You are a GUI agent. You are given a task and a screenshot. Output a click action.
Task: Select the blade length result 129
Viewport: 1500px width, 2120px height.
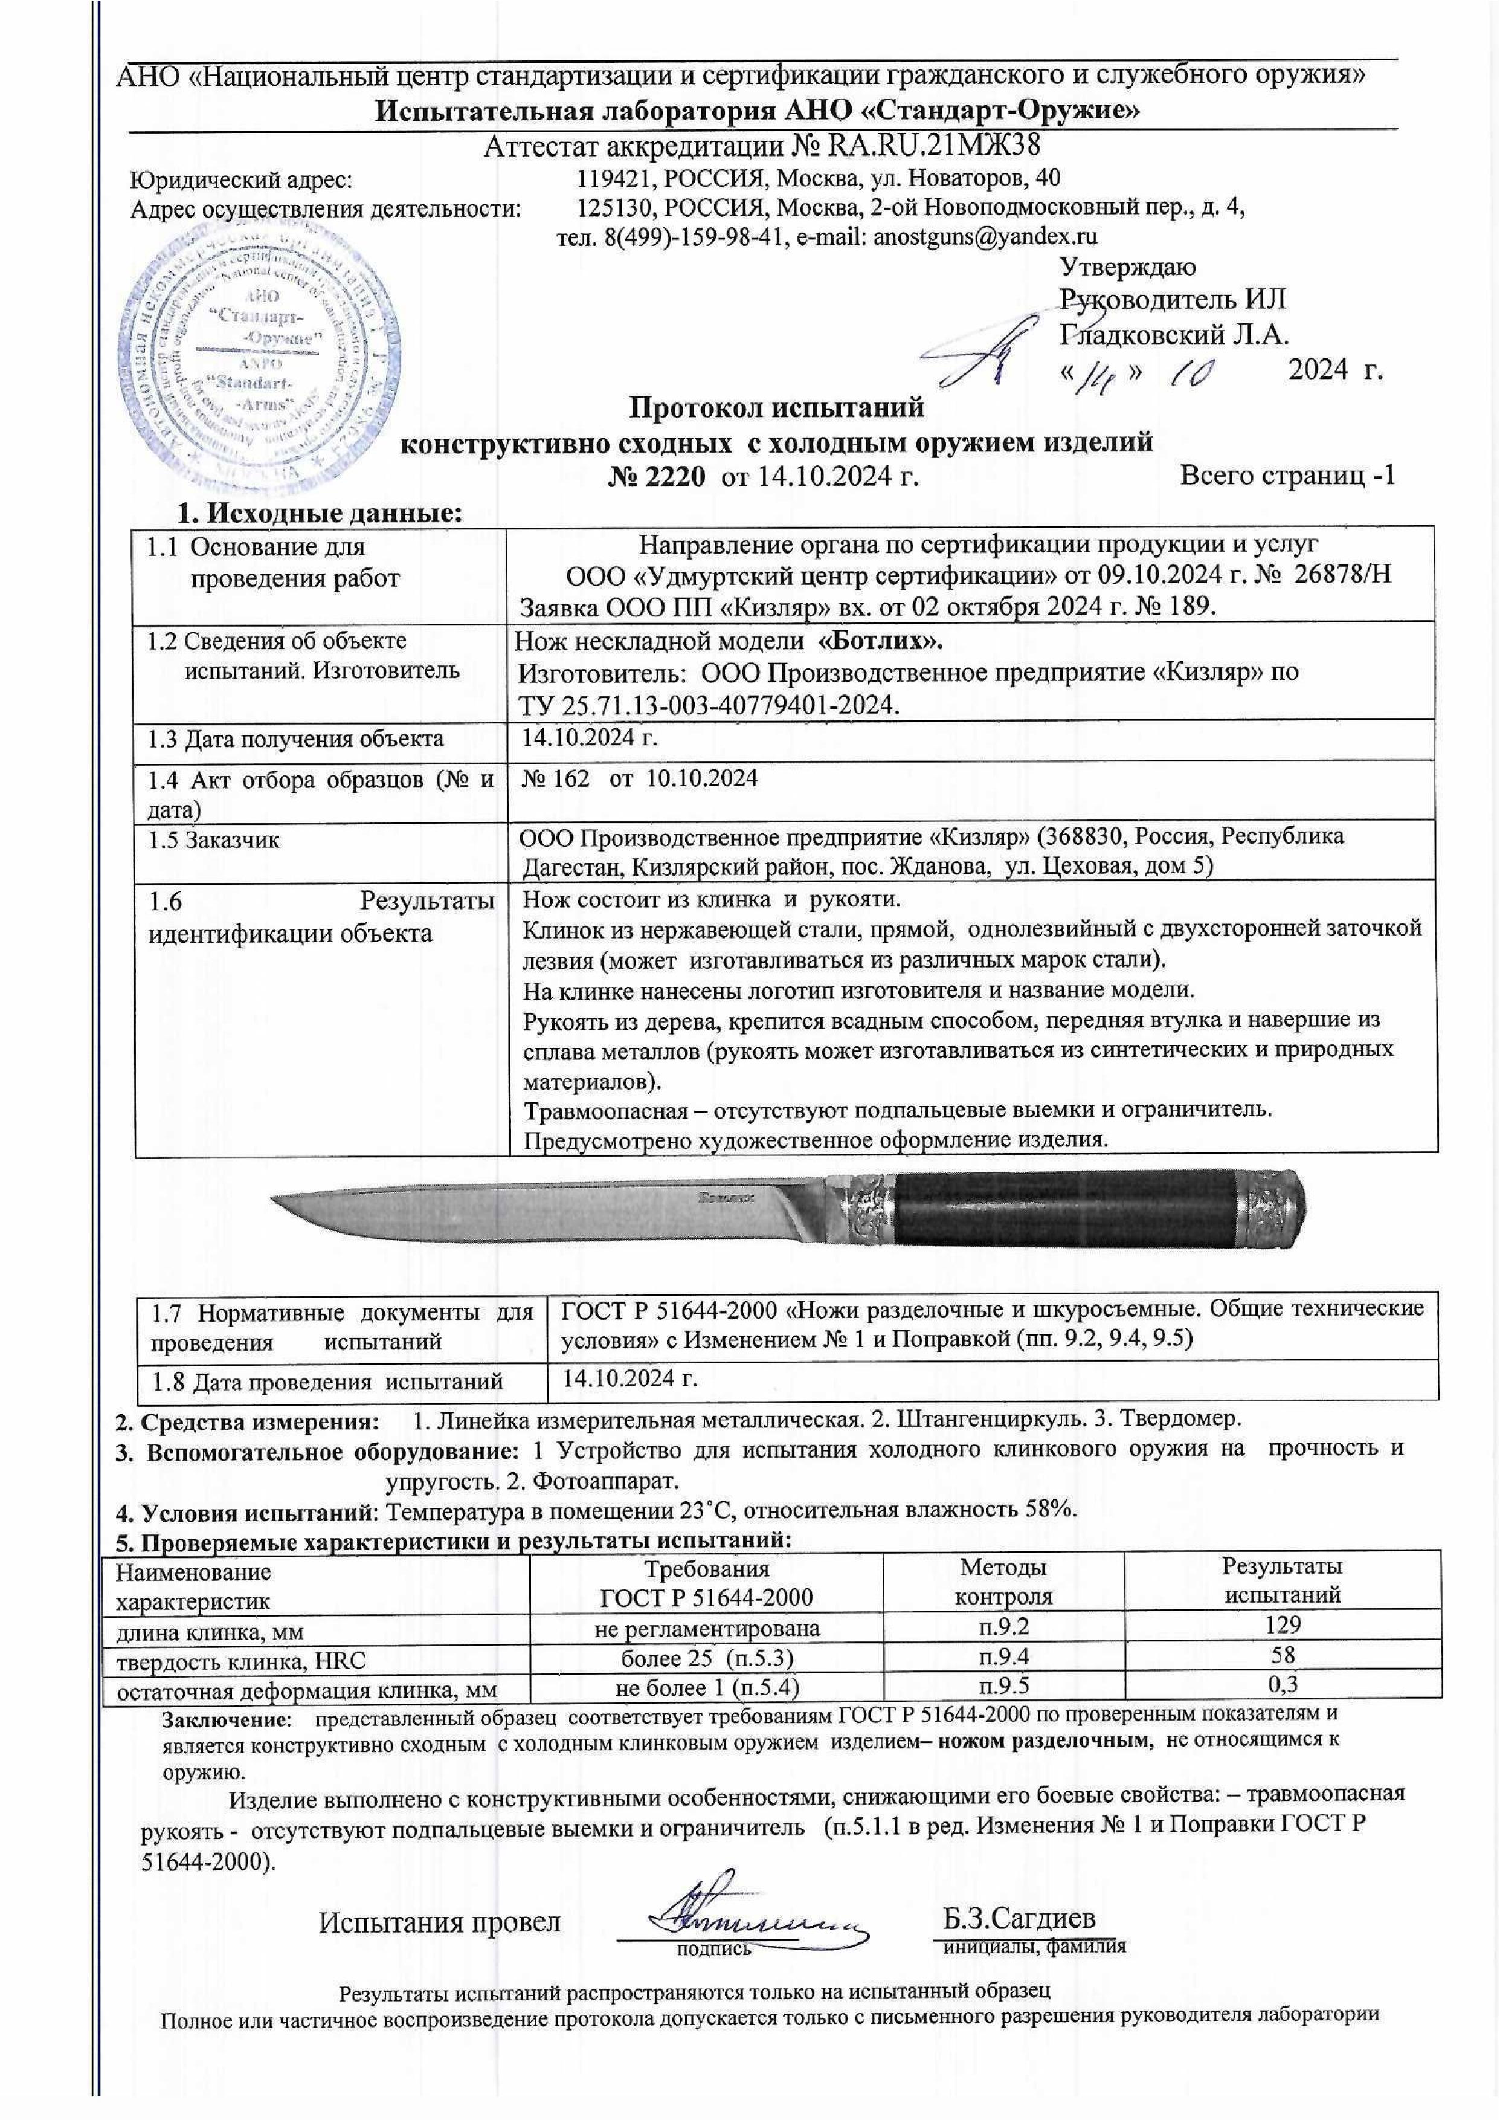point(1284,1625)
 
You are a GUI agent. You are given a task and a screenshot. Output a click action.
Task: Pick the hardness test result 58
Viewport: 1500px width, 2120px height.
point(1284,1655)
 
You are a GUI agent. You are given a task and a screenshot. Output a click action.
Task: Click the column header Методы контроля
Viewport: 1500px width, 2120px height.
point(1004,1582)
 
